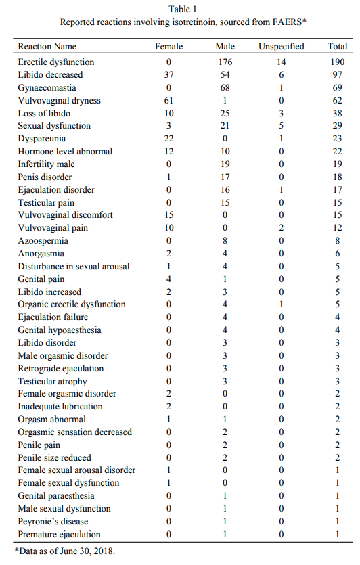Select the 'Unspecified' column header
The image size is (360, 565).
[281, 47]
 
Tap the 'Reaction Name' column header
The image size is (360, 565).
[47, 47]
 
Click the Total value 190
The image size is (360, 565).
[337, 62]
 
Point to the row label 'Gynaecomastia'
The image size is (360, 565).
[47, 88]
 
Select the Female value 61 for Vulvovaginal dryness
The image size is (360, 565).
[168, 101]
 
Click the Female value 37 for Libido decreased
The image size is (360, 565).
[168, 75]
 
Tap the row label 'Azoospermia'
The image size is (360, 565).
[43, 241]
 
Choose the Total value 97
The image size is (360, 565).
[337, 75]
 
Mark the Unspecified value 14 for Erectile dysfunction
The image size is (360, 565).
[281, 62]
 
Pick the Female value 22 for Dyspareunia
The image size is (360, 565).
[168, 139]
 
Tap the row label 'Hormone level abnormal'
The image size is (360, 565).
[65, 152]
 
